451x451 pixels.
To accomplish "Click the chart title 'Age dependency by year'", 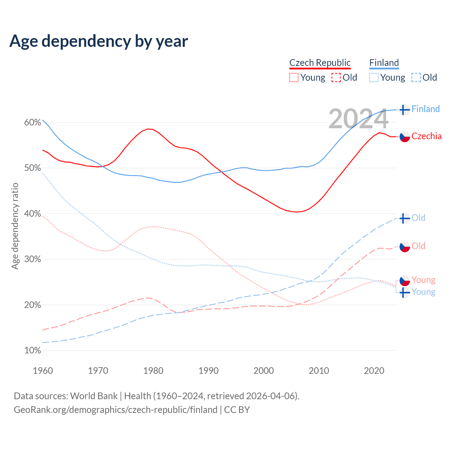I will [x=99, y=41].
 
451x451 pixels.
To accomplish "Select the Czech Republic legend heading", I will [x=320, y=63].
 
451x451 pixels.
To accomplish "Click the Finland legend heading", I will [x=384, y=63].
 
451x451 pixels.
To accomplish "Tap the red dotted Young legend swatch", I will [x=294, y=78].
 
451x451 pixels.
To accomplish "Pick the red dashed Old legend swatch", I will [x=336, y=78].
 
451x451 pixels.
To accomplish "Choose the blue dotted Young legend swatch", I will [x=374, y=78].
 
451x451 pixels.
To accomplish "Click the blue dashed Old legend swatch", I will [x=416, y=78].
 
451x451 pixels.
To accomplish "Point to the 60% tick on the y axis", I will [x=32, y=123].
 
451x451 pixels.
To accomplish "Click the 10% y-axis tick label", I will [x=32, y=351].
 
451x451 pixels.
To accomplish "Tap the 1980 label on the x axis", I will [x=153, y=371].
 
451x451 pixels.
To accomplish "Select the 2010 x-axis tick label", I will [x=319, y=371].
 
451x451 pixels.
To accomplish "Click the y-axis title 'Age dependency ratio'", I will [x=15, y=226].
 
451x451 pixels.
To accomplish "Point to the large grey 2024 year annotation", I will [x=358, y=119].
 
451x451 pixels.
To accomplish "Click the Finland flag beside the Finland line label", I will [x=404, y=110].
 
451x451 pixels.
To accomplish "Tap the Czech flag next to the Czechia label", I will [x=404, y=137].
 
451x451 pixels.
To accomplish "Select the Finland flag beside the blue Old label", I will [x=404, y=218].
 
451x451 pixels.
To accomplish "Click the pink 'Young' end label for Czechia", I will [x=423, y=280].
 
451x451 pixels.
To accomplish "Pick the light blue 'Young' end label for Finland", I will [x=423, y=292].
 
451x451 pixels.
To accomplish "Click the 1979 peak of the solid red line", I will [x=148, y=129].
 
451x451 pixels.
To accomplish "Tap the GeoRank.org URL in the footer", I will [x=116, y=410].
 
